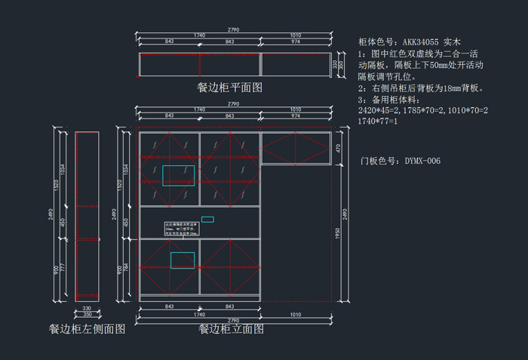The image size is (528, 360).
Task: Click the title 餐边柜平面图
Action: pyautogui.click(x=229, y=88)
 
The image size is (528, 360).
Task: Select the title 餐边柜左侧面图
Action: pyautogui.click(x=87, y=328)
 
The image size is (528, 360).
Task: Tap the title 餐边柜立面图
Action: pyautogui.click(x=231, y=329)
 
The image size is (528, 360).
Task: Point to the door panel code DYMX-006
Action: pyautogui.click(x=422, y=161)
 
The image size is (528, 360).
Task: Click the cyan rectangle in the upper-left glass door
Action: pyautogui.click(x=178, y=175)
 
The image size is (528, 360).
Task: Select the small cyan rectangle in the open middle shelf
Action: pyautogui.click(x=207, y=220)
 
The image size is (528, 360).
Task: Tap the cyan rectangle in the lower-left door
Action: pyautogui.click(x=182, y=260)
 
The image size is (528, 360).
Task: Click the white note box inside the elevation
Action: pyautogui.click(x=181, y=229)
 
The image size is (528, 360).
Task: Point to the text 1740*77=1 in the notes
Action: pyautogui.click(x=378, y=122)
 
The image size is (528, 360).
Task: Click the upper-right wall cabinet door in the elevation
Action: pyautogui.click(x=296, y=148)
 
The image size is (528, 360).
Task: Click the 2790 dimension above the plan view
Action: pyautogui.click(x=233, y=29)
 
